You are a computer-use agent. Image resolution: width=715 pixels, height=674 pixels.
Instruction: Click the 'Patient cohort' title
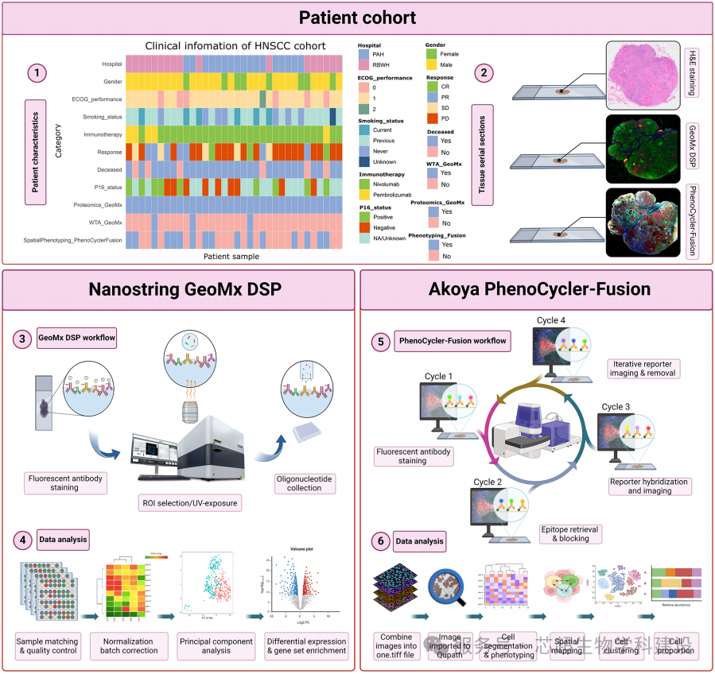coord(357,17)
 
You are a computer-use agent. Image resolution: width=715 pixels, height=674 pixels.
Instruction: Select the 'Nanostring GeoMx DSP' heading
coord(178,289)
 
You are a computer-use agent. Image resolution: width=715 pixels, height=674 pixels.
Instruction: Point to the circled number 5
coord(383,342)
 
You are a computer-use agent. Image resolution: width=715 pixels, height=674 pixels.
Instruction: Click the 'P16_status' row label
coord(106,187)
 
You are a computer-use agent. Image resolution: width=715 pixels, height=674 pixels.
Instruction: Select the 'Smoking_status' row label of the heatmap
coord(101,116)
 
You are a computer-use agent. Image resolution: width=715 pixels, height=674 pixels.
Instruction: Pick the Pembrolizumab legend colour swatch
coord(364,194)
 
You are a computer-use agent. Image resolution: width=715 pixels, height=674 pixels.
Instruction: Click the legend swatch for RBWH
coord(364,66)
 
